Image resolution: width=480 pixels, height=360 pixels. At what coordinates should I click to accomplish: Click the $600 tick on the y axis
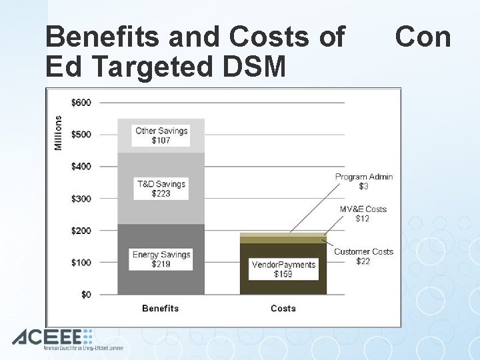tap(81, 102)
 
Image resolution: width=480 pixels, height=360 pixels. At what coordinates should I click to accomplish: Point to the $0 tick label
tap(85, 294)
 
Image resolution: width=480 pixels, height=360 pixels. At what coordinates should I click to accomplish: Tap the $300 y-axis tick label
tap(81, 199)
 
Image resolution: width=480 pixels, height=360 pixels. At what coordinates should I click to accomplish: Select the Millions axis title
tap(58, 133)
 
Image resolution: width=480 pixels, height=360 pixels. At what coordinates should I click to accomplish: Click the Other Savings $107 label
tap(161, 135)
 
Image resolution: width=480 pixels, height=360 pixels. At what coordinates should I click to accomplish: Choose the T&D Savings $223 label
tap(161, 189)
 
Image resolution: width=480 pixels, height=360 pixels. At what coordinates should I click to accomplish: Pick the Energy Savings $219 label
tap(161, 259)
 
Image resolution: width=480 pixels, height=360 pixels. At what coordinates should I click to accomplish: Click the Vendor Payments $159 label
tap(283, 269)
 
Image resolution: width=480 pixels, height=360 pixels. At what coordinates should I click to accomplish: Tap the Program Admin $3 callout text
tap(363, 181)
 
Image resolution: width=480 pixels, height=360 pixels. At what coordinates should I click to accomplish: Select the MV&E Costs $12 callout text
tap(363, 213)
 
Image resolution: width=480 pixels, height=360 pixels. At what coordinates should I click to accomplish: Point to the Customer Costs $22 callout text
tap(363, 256)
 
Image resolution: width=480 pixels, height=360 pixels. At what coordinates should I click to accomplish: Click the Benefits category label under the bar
tap(161, 308)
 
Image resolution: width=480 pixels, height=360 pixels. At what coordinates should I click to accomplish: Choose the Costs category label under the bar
tap(283, 308)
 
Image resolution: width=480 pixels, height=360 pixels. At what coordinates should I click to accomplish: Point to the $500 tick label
tap(81, 134)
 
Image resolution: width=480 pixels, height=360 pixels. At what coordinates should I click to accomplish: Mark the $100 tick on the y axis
tap(81, 262)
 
